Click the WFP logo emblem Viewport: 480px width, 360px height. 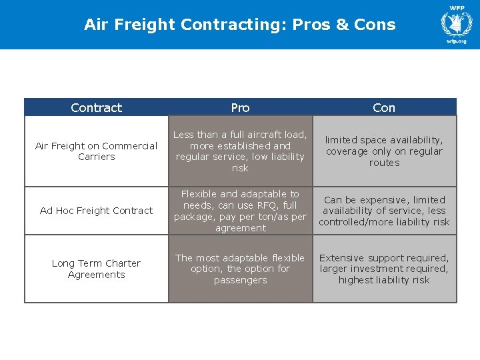click(x=456, y=24)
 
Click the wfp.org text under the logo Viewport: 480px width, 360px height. click(x=457, y=41)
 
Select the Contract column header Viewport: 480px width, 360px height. click(x=96, y=107)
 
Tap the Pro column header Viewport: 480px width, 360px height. click(x=240, y=107)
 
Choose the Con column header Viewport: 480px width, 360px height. click(x=384, y=107)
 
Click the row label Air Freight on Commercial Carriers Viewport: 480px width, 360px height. click(x=96, y=151)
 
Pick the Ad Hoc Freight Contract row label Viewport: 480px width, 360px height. click(x=96, y=211)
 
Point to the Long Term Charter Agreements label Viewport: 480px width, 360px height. click(x=96, y=269)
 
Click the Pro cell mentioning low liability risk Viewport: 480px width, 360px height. click(x=240, y=151)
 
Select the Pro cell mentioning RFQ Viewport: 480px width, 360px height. click(x=240, y=211)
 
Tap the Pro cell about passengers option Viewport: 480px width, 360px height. click(x=240, y=269)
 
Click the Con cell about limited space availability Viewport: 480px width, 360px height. click(x=384, y=151)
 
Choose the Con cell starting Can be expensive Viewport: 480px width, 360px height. click(x=384, y=211)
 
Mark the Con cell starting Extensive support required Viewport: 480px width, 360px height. click(x=384, y=269)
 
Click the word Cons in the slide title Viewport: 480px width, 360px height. click(x=375, y=25)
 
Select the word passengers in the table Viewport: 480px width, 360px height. click(x=240, y=281)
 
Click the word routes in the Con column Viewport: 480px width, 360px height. click(x=384, y=163)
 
